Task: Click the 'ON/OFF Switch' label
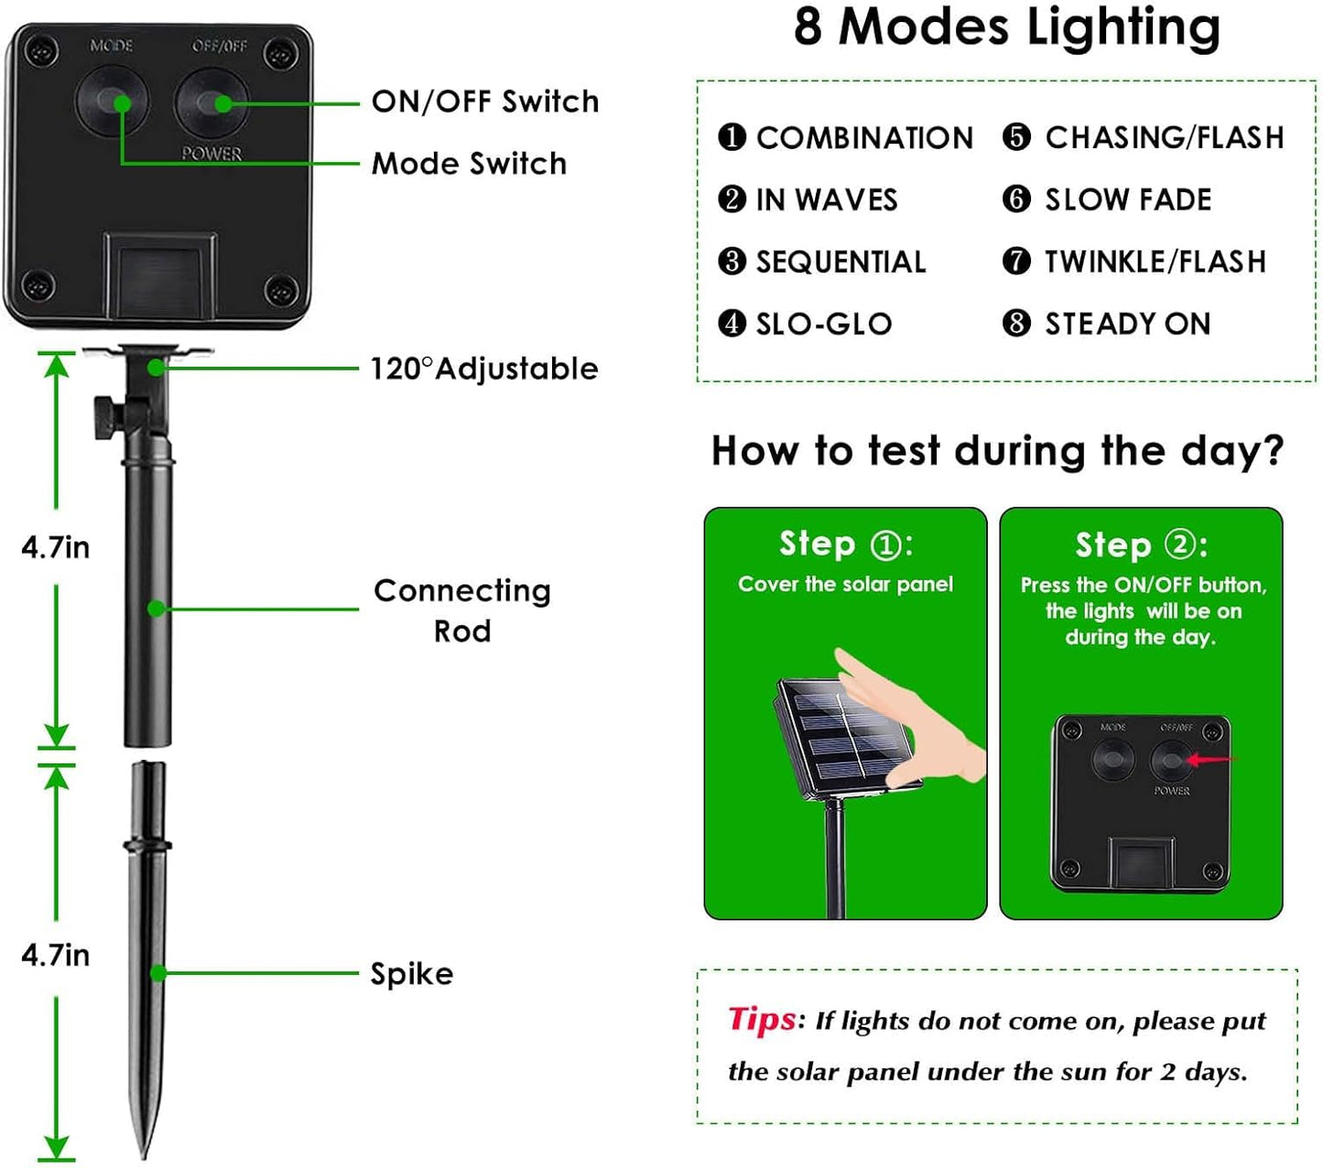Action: click(x=484, y=101)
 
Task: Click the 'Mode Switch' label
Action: click(x=469, y=163)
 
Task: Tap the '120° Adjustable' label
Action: click(x=483, y=368)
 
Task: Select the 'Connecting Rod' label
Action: click(x=462, y=610)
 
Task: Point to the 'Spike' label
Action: click(x=411, y=973)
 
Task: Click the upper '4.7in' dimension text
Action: click(x=56, y=547)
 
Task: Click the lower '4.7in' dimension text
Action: click(x=56, y=955)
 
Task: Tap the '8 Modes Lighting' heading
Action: click(x=1006, y=27)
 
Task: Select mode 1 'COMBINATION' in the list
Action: click(x=863, y=137)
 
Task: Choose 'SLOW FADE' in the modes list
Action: click(x=1128, y=200)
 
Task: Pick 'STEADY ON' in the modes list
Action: click(x=1127, y=323)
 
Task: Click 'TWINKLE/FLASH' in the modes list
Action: click(x=1155, y=262)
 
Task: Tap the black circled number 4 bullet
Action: click(x=732, y=323)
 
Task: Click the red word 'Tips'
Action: click(x=762, y=1019)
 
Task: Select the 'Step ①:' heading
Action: click(x=845, y=544)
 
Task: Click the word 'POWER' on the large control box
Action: click(x=211, y=153)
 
